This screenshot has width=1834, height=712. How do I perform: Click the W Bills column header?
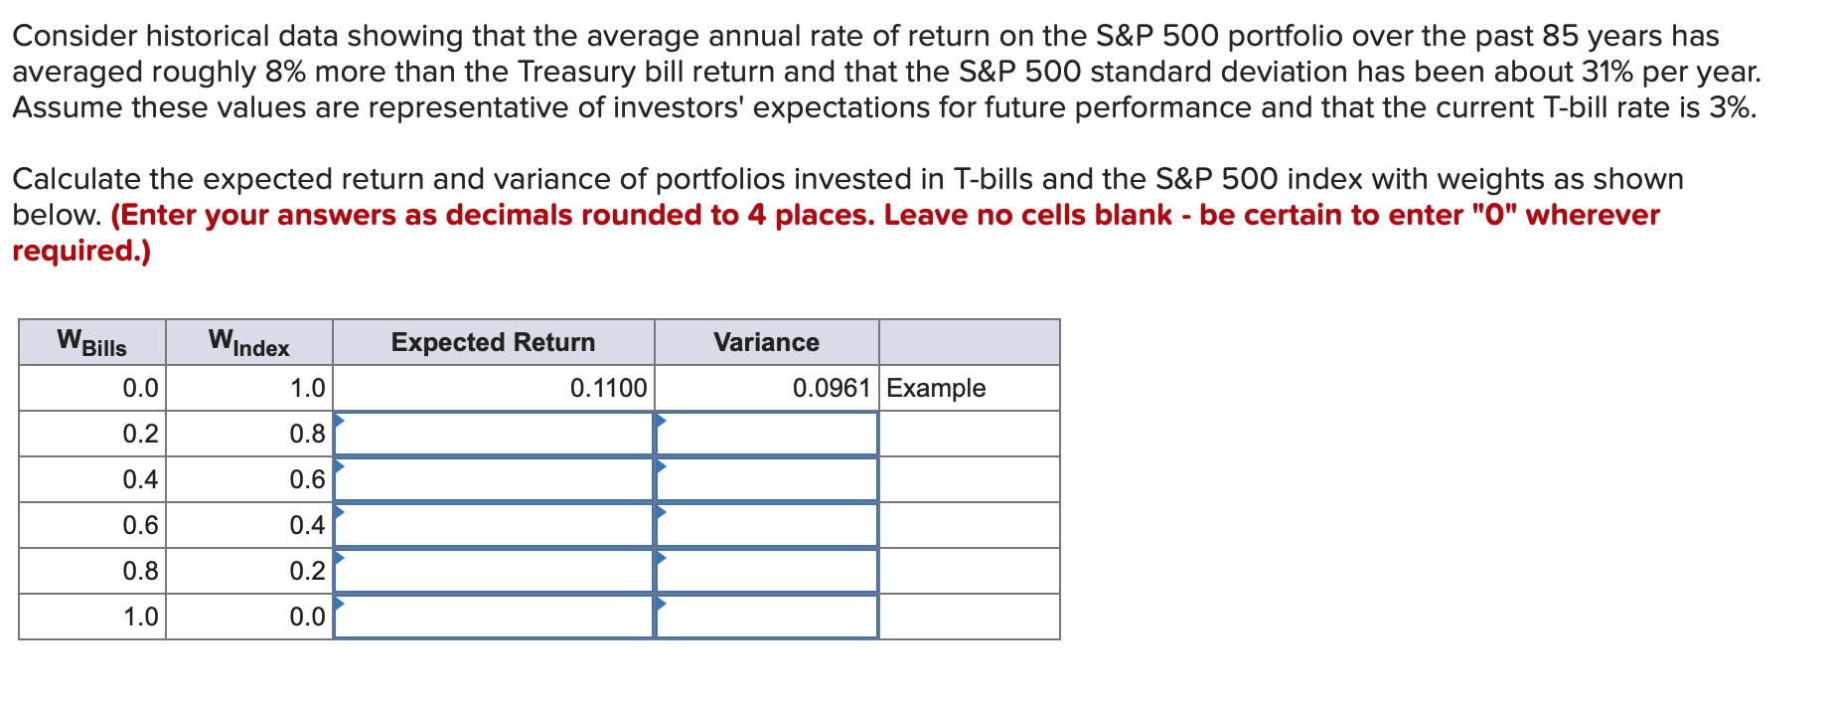(92, 343)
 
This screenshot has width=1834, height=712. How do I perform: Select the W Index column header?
(248, 343)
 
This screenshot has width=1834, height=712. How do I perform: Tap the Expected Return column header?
(493, 342)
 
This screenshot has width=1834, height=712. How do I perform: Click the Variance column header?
(766, 342)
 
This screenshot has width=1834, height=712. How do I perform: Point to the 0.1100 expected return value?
(608, 388)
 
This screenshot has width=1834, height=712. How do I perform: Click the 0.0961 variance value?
(832, 388)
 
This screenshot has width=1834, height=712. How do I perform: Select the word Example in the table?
(936, 388)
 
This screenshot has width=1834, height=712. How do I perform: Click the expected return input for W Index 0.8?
(494, 434)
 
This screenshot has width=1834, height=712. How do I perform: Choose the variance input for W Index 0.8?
(767, 434)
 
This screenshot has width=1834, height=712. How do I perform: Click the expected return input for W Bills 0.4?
(494, 479)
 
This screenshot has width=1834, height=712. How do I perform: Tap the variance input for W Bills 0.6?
(767, 525)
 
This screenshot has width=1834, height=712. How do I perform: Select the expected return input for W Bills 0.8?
(494, 571)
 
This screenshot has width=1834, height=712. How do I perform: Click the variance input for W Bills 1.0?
(767, 617)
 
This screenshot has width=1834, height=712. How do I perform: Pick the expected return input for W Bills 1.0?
(494, 617)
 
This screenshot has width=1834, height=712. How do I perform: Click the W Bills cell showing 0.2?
(140, 434)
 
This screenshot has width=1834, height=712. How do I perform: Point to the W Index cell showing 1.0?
(307, 388)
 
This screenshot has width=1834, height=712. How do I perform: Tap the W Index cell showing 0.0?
(307, 617)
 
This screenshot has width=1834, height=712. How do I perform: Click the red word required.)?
(81, 251)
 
